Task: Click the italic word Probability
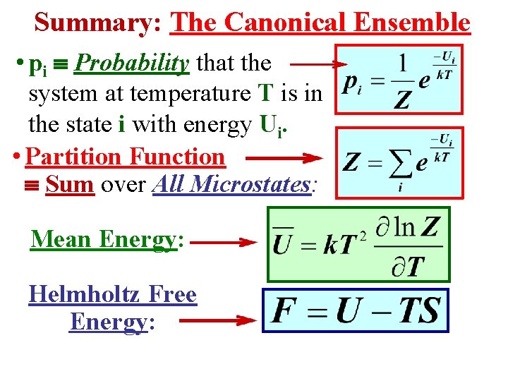[x=131, y=64]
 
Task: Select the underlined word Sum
[x=70, y=185]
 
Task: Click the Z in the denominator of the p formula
[x=401, y=100]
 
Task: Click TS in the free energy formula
[x=416, y=310]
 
